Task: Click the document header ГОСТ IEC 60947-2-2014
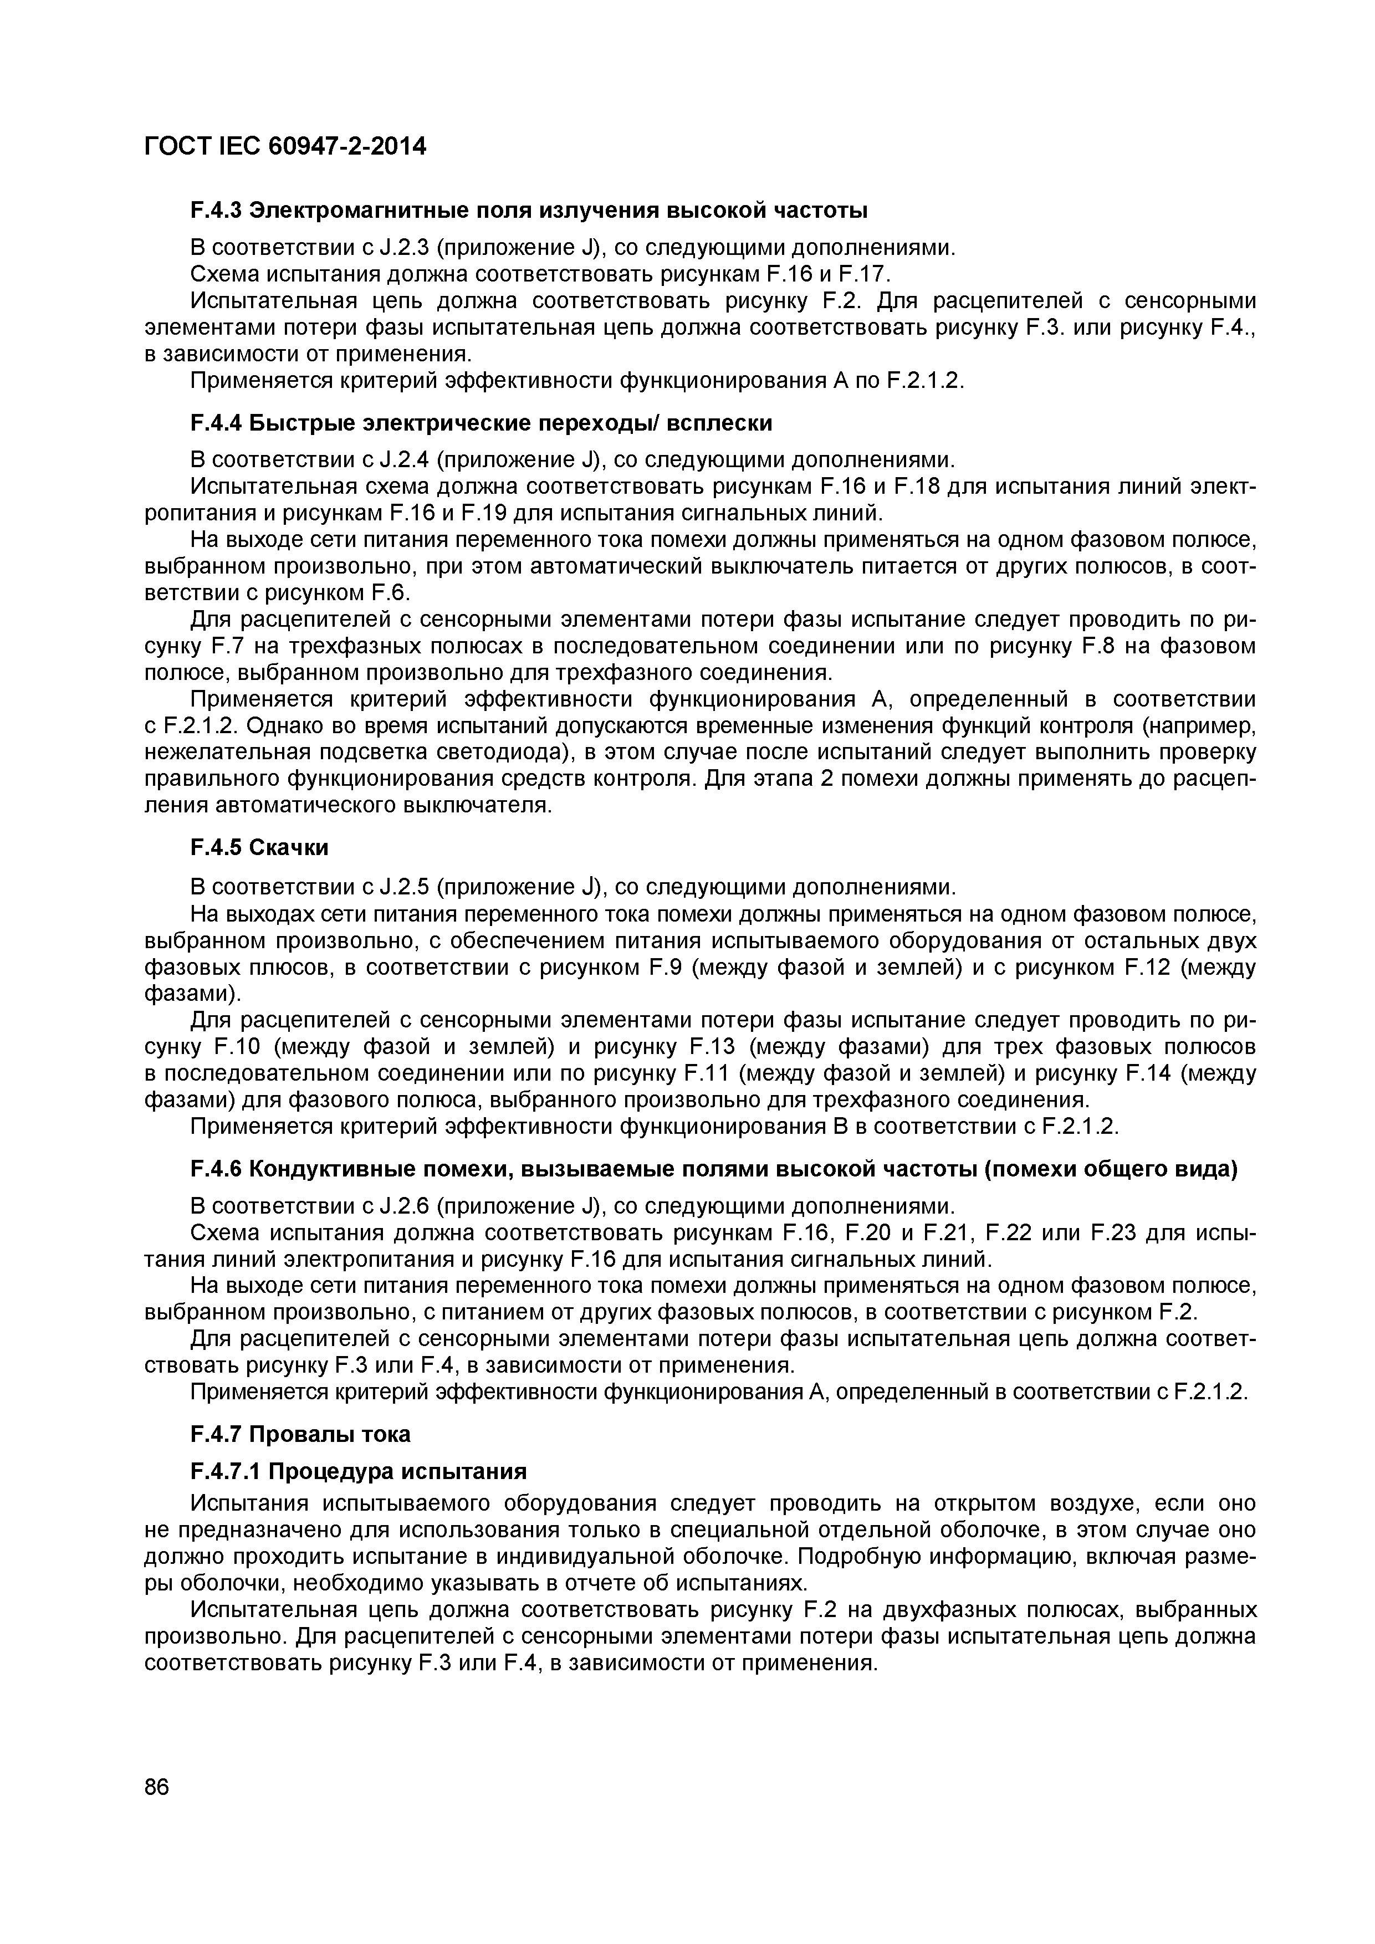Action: [x=285, y=146]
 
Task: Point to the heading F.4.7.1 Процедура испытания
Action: [x=358, y=1471]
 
